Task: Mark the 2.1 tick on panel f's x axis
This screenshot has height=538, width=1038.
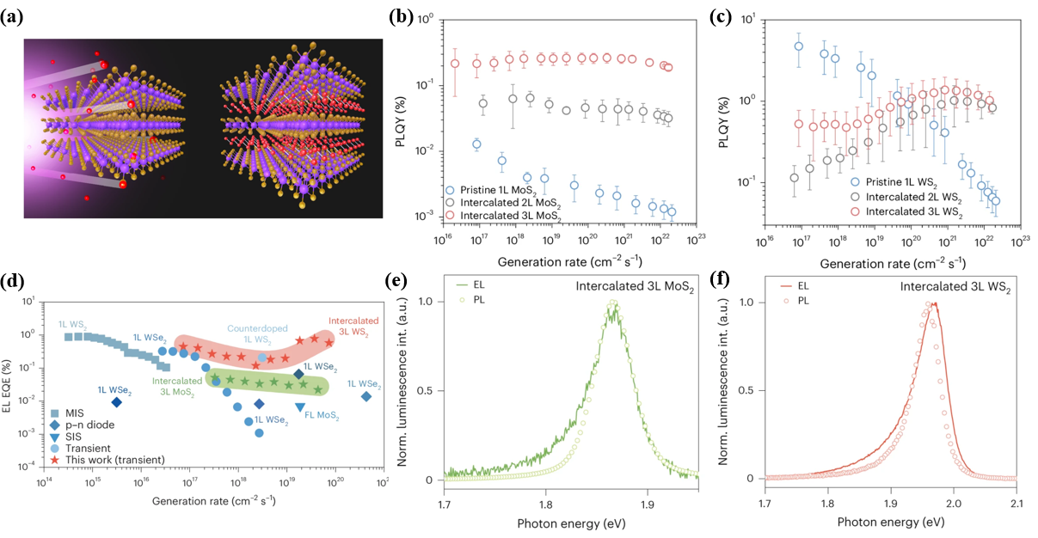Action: pos(1017,493)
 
